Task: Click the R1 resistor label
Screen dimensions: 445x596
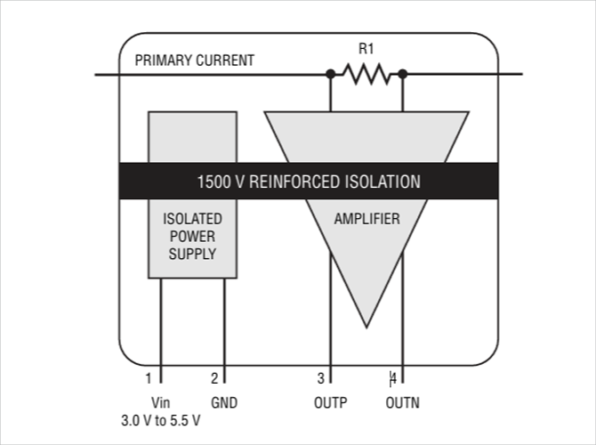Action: [x=366, y=50]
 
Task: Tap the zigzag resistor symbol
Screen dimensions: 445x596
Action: [x=366, y=75]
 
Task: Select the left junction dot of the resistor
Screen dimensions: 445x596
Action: [x=331, y=75]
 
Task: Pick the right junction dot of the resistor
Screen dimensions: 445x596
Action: [x=403, y=75]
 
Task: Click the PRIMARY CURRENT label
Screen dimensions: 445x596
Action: [x=194, y=61]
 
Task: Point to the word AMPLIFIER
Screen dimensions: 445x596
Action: [x=366, y=218]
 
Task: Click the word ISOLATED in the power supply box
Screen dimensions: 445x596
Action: [x=192, y=218]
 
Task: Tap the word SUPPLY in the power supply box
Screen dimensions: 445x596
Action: [x=192, y=255]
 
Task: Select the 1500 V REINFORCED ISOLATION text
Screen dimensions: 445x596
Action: [x=308, y=182]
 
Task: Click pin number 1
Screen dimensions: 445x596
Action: [x=149, y=377]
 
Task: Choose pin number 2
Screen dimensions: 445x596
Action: [x=213, y=377]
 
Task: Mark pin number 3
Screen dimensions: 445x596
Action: [x=321, y=377]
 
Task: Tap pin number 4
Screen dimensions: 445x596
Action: [x=393, y=377]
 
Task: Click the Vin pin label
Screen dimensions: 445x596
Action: [x=160, y=402]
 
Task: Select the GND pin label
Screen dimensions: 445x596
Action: [x=224, y=402]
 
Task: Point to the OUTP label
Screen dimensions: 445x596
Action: [x=330, y=402]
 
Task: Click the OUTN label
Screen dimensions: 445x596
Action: [x=402, y=402]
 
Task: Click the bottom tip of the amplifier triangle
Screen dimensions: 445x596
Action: [x=366, y=325]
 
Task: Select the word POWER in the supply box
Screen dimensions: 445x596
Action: [x=192, y=236]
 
